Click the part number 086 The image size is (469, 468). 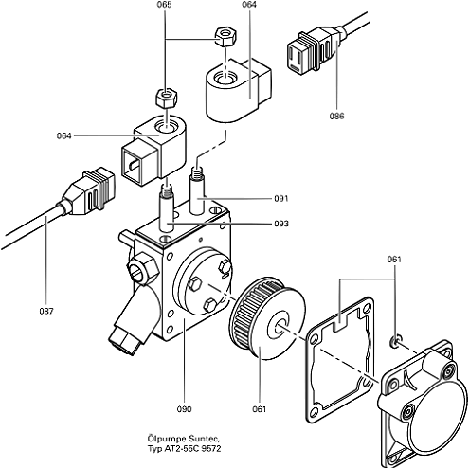[x=336, y=117]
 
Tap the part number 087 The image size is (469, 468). [x=46, y=311]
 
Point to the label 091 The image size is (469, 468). [x=281, y=198]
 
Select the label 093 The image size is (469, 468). [x=281, y=224]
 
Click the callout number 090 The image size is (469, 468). [x=184, y=409]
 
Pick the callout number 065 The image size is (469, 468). [x=164, y=5]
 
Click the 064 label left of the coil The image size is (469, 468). [x=64, y=135]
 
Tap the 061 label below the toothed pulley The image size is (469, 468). [x=260, y=409]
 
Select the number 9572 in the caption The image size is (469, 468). [x=211, y=448]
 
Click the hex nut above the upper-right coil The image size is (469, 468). [x=225, y=37]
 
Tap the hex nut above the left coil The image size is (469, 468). [x=167, y=98]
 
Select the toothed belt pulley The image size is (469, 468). [x=268, y=317]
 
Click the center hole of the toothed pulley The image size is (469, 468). [x=280, y=328]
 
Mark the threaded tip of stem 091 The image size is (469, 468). [x=196, y=173]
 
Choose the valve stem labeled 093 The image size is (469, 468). [x=167, y=208]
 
